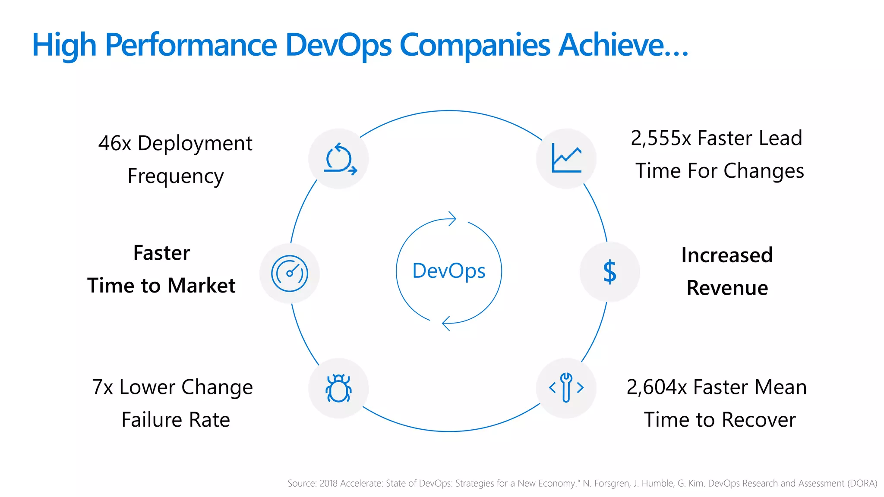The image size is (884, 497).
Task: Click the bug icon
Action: tap(338, 388)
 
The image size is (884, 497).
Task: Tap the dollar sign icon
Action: tap(609, 272)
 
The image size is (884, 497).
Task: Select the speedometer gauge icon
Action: tap(290, 274)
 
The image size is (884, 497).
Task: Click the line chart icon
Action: tap(566, 158)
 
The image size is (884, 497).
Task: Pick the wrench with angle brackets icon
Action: tap(566, 387)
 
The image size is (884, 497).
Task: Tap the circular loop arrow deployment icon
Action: tap(340, 159)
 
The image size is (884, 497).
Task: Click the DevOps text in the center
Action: tap(449, 271)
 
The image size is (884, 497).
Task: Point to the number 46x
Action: tap(114, 143)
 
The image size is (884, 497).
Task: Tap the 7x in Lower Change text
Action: tap(102, 387)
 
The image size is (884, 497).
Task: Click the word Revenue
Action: tap(727, 288)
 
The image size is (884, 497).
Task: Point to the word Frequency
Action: tap(176, 176)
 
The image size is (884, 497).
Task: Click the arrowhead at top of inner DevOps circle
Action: tap(452, 219)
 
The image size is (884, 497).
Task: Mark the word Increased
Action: tap(727, 255)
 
